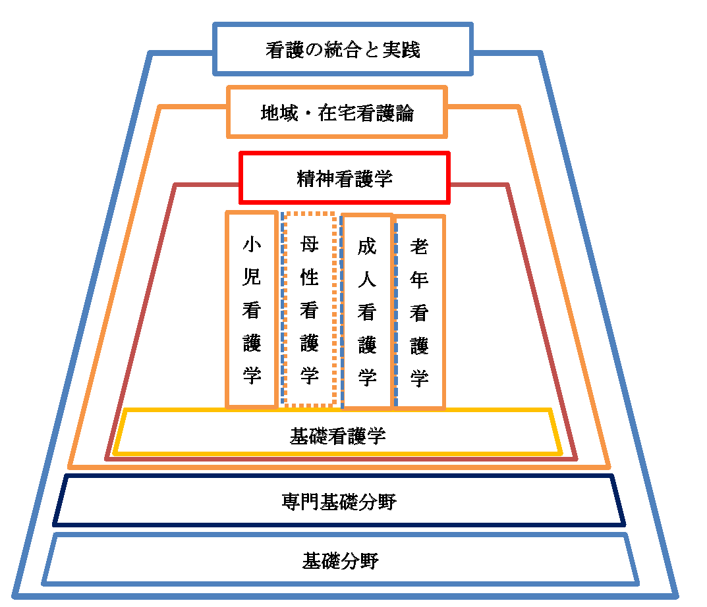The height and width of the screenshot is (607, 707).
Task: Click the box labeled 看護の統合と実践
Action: (343, 49)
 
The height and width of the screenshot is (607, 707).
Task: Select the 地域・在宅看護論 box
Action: (337, 112)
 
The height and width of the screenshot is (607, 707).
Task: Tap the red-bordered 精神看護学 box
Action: (344, 178)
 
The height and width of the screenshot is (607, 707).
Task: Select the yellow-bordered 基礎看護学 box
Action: (337, 434)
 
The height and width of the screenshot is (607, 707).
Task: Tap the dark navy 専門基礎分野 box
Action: (339, 502)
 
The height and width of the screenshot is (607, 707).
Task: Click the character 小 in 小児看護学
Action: (252, 245)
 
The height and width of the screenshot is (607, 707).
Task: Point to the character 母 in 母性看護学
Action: (310, 245)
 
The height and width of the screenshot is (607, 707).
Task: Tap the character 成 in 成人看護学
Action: (367, 247)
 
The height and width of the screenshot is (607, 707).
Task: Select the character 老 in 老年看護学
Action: (420, 247)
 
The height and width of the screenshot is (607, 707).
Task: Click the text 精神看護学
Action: (344, 178)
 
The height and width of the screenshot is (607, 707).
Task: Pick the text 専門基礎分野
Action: (339, 502)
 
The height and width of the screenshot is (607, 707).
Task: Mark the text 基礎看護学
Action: (337, 435)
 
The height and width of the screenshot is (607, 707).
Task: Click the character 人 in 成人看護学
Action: (367, 280)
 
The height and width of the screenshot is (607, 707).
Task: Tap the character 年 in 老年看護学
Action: (420, 280)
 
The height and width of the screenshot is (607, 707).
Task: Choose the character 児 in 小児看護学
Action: (252, 277)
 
